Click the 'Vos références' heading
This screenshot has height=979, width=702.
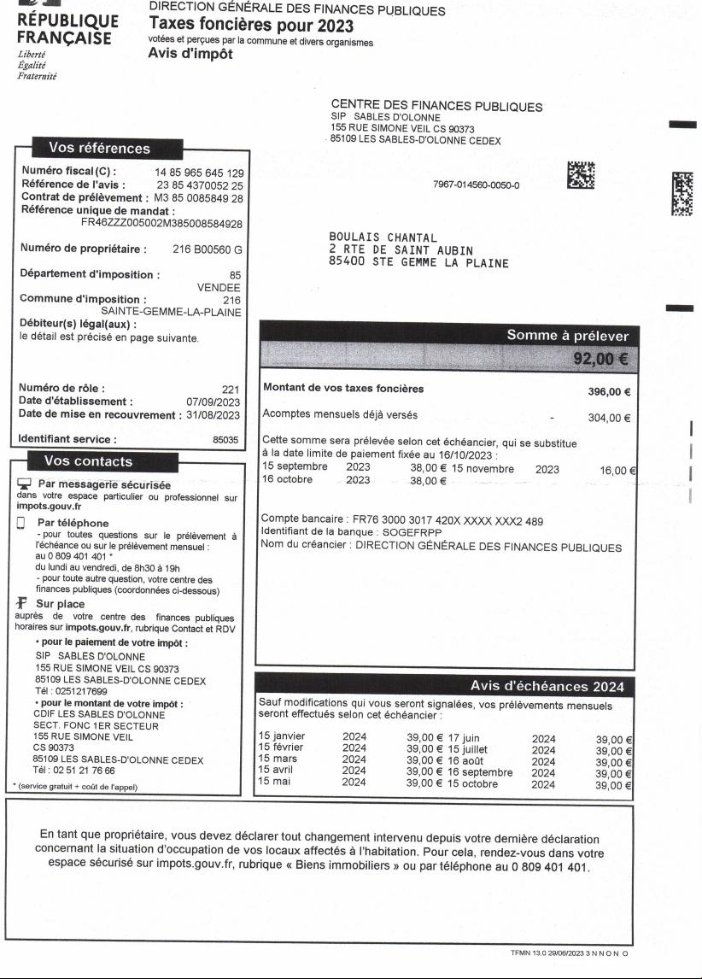click(99, 149)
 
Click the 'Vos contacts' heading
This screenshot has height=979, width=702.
click(88, 461)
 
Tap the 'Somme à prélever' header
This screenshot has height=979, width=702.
click(567, 336)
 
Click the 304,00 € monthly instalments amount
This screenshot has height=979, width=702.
click(610, 418)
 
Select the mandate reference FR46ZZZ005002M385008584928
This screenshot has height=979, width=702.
click(161, 224)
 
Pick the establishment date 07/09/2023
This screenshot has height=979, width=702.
click(214, 402)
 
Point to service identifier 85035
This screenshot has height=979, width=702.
click(228, 441)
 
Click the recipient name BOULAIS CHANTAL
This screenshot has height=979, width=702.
click(383, 237)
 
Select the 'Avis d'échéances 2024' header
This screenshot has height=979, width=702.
click(547, 686)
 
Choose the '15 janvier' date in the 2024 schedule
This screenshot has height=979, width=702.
click(282, 736)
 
